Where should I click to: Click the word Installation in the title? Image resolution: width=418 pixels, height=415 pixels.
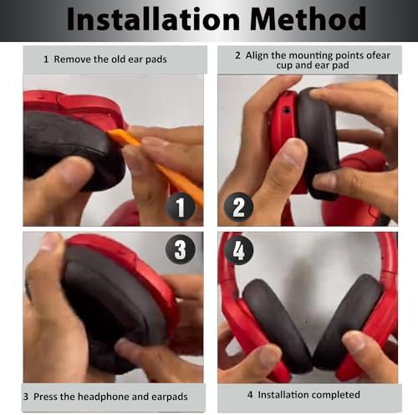(x=153, y=19)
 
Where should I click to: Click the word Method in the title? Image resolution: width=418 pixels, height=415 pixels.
(x=308, y=19)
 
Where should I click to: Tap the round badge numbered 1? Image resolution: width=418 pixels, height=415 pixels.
(x=181, y=207)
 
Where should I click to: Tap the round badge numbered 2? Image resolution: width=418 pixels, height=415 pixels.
(x=238, y=207)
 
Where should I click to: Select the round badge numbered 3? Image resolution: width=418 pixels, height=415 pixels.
(x=181, y=249)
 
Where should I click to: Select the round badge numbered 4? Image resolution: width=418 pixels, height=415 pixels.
(x=238, y=250)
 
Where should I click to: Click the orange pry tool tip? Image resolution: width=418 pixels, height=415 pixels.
(x=110, y=132)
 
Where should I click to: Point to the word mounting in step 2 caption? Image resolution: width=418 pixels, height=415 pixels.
(x=311, y=56)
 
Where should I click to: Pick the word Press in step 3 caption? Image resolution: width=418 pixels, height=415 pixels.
(x=45, y=397)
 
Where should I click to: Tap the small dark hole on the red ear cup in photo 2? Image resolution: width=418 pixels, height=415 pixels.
(x=287, y=110)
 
